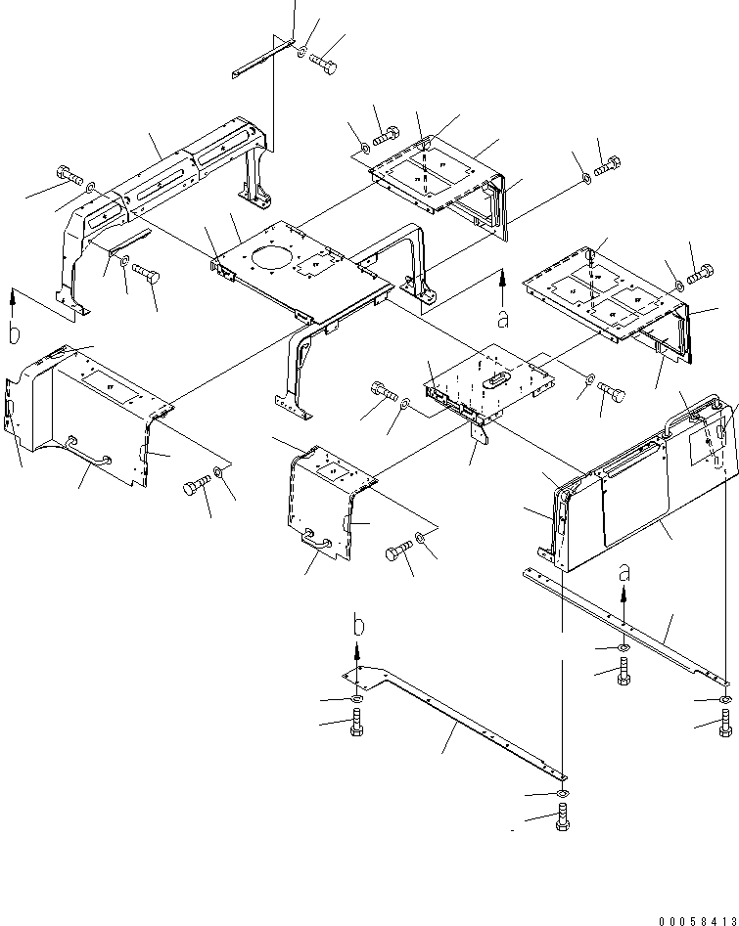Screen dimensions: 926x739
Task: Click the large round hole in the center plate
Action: [271, 261]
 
